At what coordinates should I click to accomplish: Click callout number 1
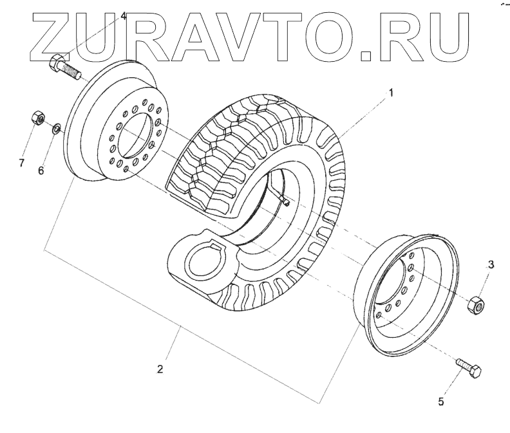(x=390, y=93)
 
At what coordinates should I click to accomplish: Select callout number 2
(x=160, y=369)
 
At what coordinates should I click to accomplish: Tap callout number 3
(x=491, y=264)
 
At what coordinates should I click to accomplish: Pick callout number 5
(x=441, y=402)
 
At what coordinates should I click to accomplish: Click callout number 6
(x=41, y=171)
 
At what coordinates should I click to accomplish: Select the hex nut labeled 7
(x=38, y=119)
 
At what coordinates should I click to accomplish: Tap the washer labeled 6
(x=57, y=129)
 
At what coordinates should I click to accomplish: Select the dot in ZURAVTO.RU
(x=364, y=55)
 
